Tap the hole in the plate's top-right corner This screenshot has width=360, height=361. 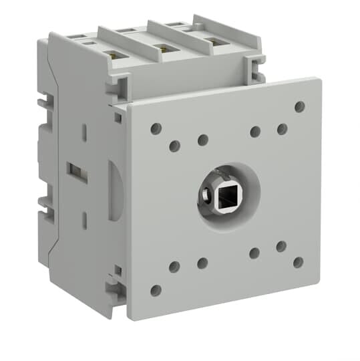click(299, 106)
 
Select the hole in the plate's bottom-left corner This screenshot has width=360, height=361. click(156, 290)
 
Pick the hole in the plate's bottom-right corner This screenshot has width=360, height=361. click(298, 262)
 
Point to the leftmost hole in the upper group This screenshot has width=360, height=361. click(156, 128)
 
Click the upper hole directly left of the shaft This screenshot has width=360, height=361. click(202, 140)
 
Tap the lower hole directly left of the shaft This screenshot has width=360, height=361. click(202, 263)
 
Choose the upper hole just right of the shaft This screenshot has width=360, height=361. click(255, 131)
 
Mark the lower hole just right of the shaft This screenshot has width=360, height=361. click(254, 253)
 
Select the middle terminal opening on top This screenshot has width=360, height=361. click(161, 47)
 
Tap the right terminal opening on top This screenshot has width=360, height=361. click(212, 41)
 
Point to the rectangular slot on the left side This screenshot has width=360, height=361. click(77, 172)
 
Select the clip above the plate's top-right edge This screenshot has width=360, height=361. click(254, 66)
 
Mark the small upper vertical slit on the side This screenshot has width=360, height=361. click(85, 132)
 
